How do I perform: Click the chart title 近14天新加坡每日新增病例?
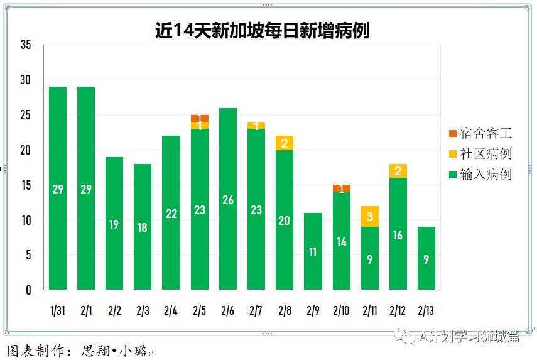tap(262, 31)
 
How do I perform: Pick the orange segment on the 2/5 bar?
tap(200, 118)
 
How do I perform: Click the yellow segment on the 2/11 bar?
tap(370, 217)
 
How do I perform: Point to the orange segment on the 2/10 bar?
tap(342, 188)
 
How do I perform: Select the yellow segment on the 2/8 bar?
tap(285, 143)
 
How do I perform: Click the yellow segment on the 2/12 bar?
tap(398, 171)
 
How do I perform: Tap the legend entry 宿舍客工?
tap(480, 133)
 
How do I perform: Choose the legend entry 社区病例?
tap(480, 154)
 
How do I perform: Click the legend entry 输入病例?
tap(480, 175)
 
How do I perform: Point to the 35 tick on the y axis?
tap(26, 45)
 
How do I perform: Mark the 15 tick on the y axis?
tap(26, 185)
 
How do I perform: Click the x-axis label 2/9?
tap(313, 310)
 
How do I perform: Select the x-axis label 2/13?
tap(426, 310)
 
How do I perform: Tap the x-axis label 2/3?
tap(143, 310)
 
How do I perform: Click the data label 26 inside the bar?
tap(227, 200)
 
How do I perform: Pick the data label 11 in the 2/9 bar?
tap(313, 252)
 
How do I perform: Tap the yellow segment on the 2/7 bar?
tap(256, 126)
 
